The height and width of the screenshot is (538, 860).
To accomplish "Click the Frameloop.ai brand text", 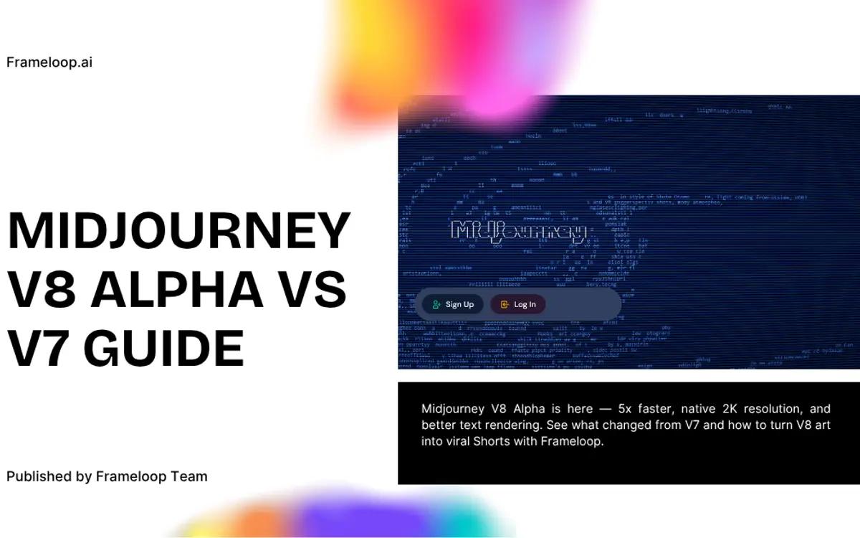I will [49, 62].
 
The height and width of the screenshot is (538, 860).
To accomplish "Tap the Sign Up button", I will [452, 304].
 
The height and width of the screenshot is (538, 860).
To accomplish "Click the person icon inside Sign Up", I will [436, 304].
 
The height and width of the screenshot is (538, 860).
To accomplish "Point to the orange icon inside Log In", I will [505, 304].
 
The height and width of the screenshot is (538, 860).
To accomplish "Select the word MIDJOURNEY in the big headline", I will [178, 231].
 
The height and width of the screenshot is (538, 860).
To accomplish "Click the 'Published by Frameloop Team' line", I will [107, 476].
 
